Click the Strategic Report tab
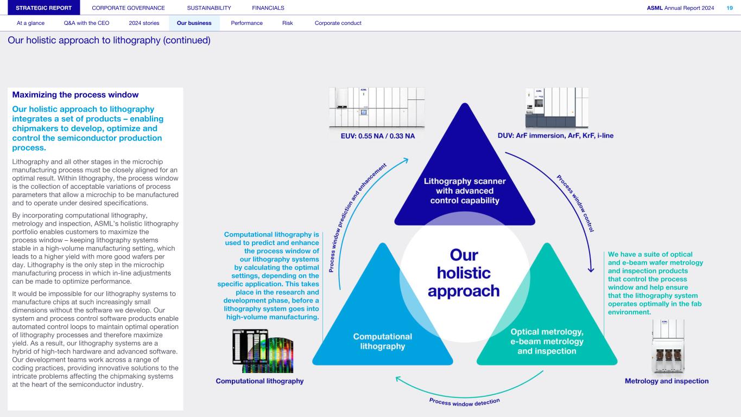click(40, 8)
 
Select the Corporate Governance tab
click(128, 8)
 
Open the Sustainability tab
click(208, 8)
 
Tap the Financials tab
click(268, 8)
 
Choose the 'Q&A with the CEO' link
click(86, 23)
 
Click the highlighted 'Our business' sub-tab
click(194, 23)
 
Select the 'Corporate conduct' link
click(338, 23)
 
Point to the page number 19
click(729, 8)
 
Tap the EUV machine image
click(377, 107)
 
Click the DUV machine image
click(556, 107)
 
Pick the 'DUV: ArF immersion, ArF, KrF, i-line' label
click(555, 136)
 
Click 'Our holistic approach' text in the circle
click(464, 273)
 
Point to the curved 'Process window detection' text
click(464, 402)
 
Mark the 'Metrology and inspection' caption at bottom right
click(667, 381)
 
